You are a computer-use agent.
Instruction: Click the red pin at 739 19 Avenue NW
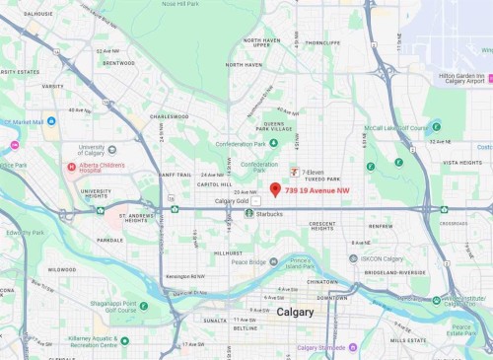pos(275,188)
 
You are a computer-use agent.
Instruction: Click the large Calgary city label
pos(296,312)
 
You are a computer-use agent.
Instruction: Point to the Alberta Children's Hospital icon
pos(72,167)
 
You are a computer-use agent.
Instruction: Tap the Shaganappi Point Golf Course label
pos(110,306)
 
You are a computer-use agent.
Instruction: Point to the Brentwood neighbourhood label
pos(117,62)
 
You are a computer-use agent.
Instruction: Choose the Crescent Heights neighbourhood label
pos(322,227)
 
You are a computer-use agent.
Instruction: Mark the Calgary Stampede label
pos(318,347)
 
